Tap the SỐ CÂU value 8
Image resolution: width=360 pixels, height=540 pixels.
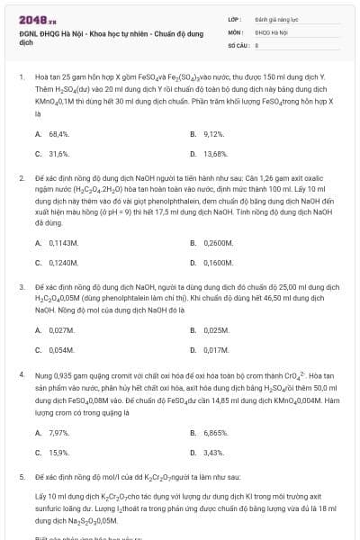tap(256, 43)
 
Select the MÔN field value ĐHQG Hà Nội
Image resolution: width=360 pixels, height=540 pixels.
tap(271, 31)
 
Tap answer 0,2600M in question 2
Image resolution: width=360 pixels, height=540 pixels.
tap(218, 242)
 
